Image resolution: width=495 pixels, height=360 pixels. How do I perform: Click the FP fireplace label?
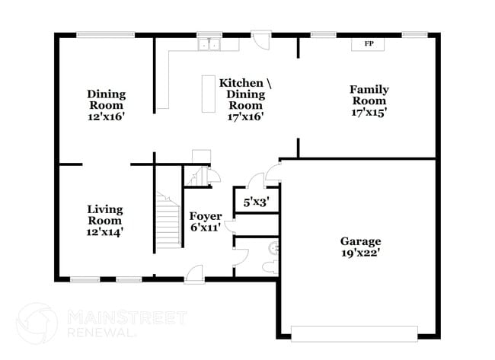point(368,44)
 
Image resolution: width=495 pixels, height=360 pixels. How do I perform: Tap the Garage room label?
point(360,241)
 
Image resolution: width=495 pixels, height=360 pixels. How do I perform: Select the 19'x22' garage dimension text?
point(360,253)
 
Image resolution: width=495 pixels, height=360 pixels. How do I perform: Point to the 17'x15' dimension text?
point(368,112)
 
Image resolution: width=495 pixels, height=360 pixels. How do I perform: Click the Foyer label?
point(206,215)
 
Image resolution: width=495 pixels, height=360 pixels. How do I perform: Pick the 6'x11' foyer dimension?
point(206,227)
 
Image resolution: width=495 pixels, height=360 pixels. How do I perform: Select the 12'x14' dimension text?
point(104,231)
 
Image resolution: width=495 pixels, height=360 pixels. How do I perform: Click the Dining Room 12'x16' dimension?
point(106,117)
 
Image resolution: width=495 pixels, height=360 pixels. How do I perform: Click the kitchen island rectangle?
point(209,94)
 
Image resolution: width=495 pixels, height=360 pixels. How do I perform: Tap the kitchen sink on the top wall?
point(207,45)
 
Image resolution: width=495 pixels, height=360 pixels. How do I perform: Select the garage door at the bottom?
point(355,333)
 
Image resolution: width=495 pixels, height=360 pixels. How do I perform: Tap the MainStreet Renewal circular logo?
point(37,322)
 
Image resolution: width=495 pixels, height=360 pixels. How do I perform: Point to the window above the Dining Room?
point(106,33)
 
